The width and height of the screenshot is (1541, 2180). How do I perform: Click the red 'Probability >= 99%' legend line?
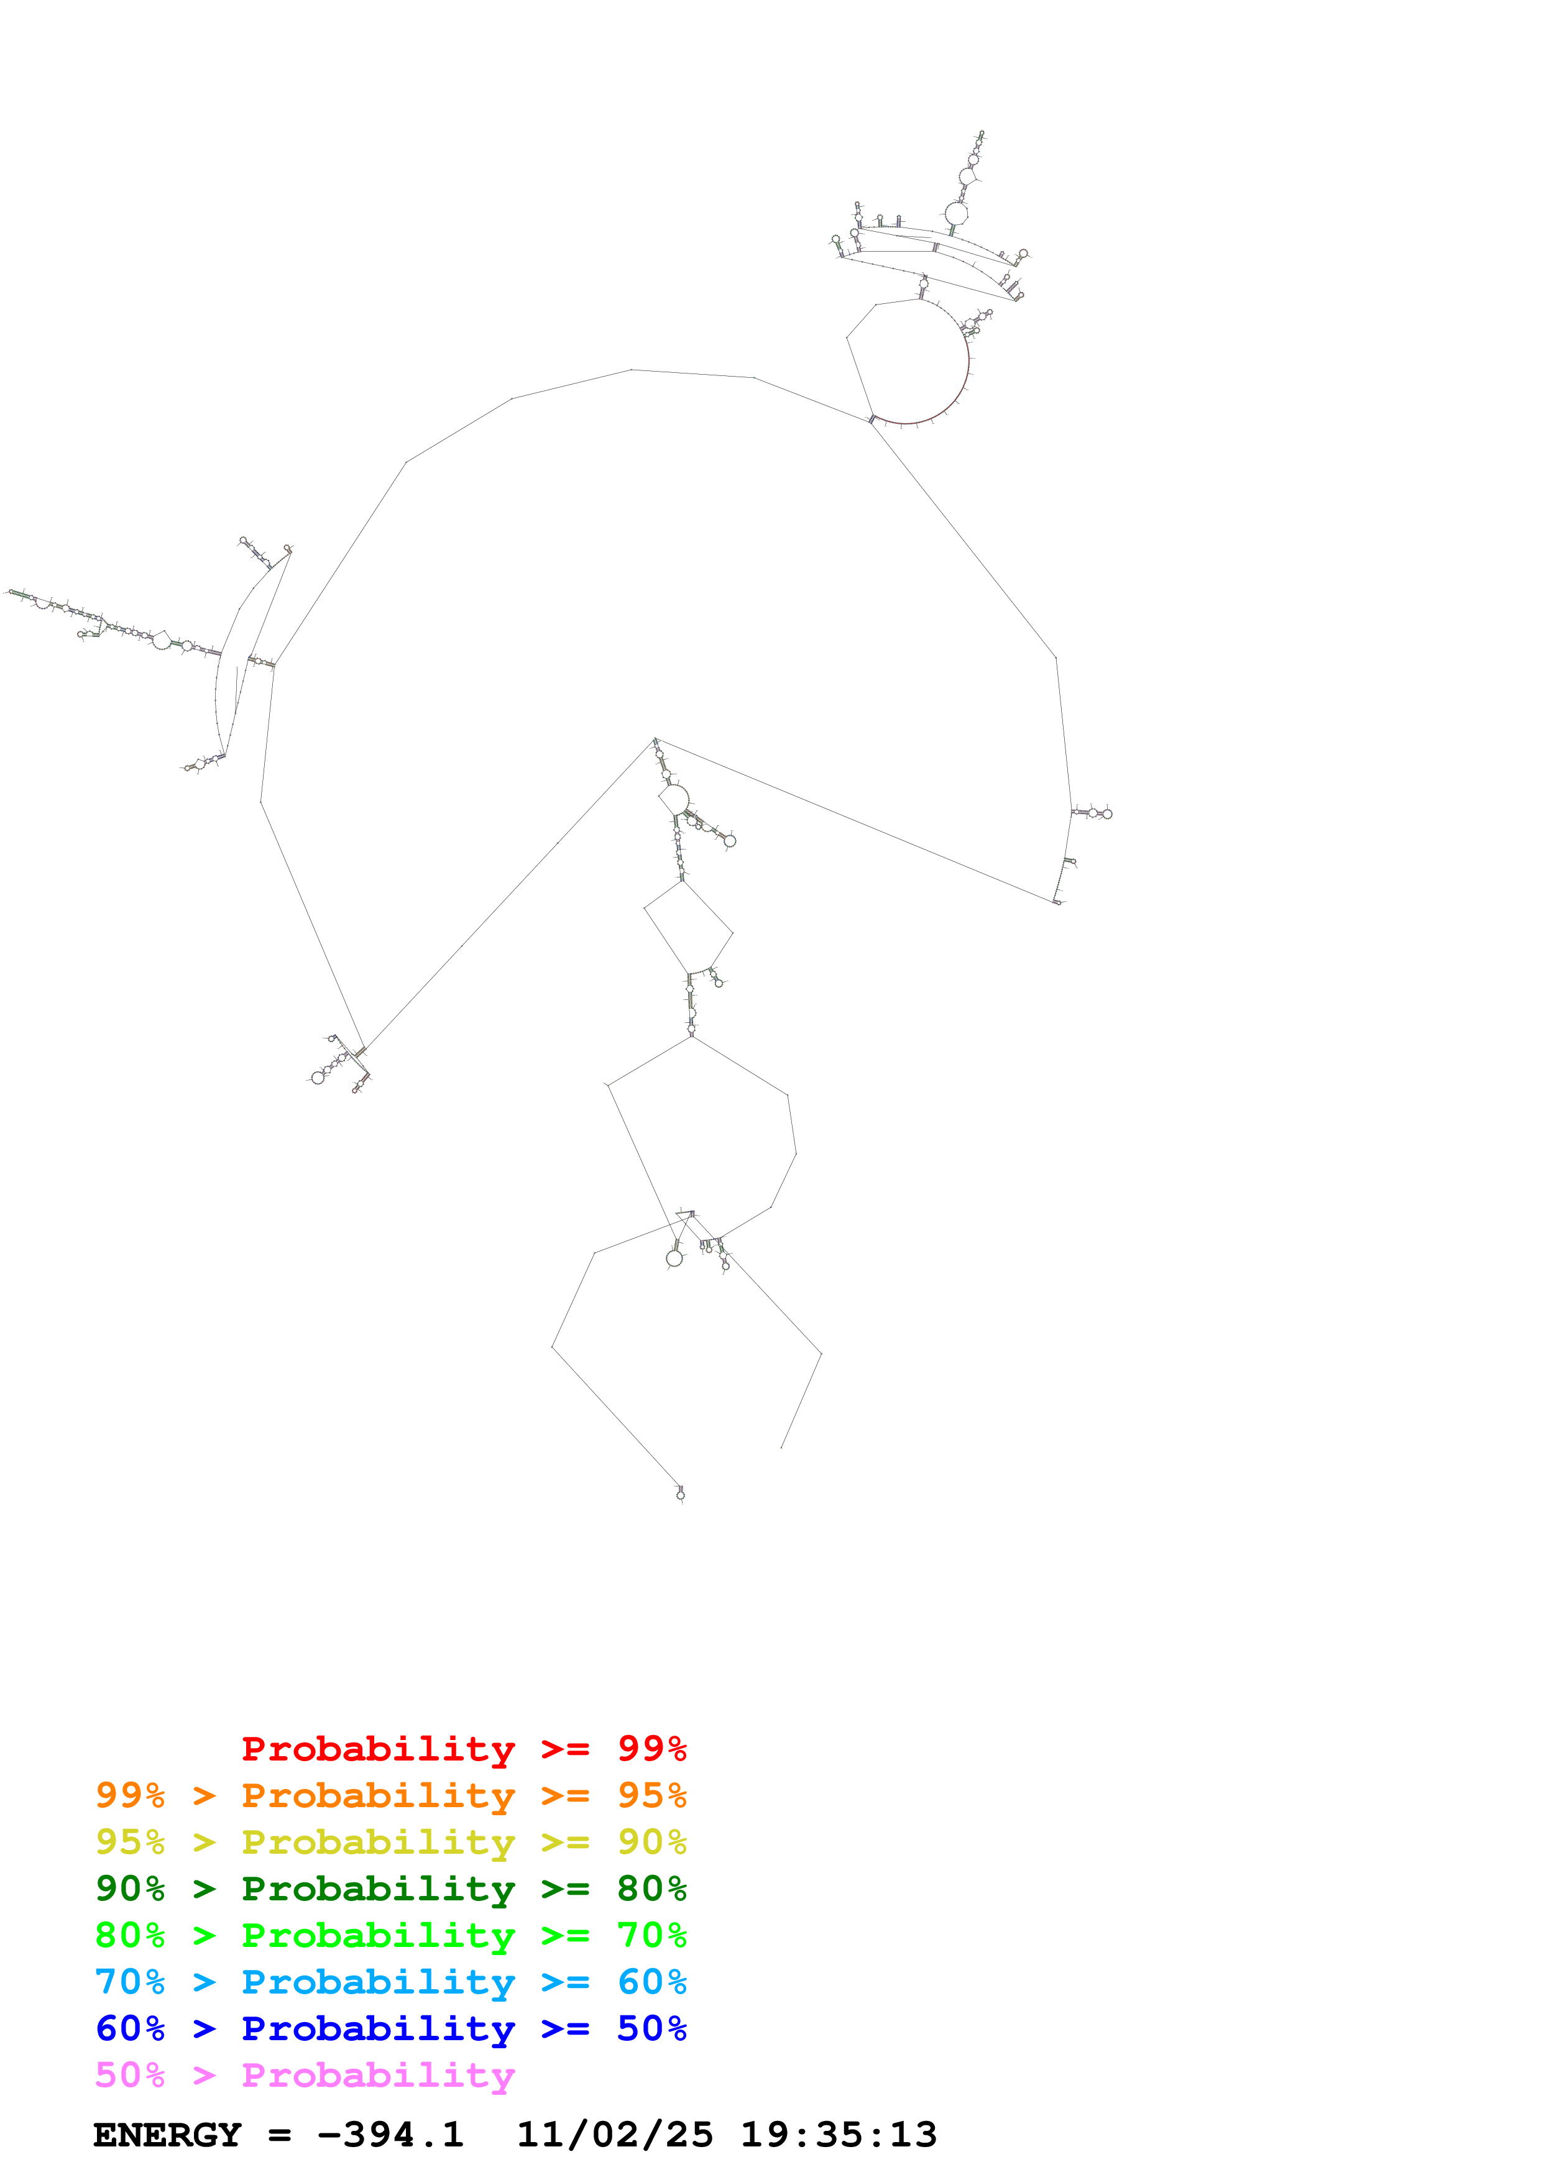pyautogui.click(x=463, y=1749)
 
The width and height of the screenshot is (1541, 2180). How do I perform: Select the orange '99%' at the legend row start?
pyautogui.click(x=130, y=1795)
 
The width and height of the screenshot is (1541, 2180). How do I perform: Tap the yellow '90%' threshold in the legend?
pyautogui.click(x=651, y=1842)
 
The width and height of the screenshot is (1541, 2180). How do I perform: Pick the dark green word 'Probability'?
pyautogui.click(x=378, y=1889)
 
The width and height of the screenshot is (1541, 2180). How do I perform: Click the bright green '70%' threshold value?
pyautogui.click(x=651, y=1935)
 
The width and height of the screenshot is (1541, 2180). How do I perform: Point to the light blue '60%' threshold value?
pyautogui.click(x=651, y=1982)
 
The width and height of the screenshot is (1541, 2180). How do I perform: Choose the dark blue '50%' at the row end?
pyautogui.click(x=651, y=2028)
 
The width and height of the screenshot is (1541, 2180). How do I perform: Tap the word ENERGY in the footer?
pyautogui.click(x=167, y=2135)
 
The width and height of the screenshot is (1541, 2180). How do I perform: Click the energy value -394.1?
pyautogui.click(x=390, y=2135)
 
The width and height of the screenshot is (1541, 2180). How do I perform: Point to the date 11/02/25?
pyautogui.click(x=614, y=2135)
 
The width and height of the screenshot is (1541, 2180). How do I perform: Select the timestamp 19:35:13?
pyautogui.click(x=839, y=2135)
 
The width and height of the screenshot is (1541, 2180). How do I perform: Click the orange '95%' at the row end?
pyautogui.click(x=651, y=1795)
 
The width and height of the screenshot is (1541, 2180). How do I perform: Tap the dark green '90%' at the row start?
pyautogui.click(x=130, y=1889)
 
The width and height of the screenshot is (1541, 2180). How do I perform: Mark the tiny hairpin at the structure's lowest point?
pyautogui.click(x=681, y=1493)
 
